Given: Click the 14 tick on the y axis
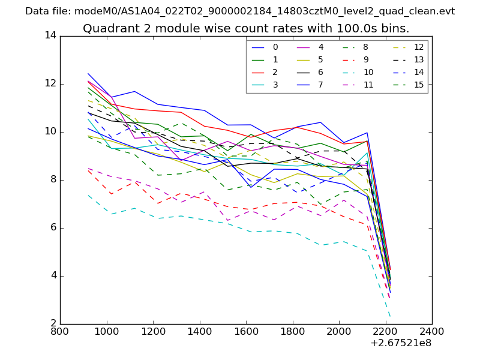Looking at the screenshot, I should click(50, 35).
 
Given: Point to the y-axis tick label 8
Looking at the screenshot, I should click(53, 179).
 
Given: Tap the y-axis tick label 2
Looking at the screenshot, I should click(53, 324).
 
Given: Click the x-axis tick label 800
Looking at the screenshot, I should click(60, 332).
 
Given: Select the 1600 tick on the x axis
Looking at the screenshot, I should click(246, 332).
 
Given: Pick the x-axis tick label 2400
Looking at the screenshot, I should click(432, 332).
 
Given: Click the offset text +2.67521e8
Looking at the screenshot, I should click(400, 344).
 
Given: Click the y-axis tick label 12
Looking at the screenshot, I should click(50, 83).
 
